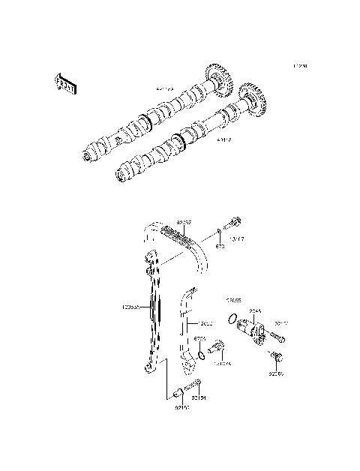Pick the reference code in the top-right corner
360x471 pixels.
(300, 66)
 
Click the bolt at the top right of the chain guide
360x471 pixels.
(235, 223)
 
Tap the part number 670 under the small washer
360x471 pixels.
(220, 245)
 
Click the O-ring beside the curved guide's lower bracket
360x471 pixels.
(200, 355)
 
